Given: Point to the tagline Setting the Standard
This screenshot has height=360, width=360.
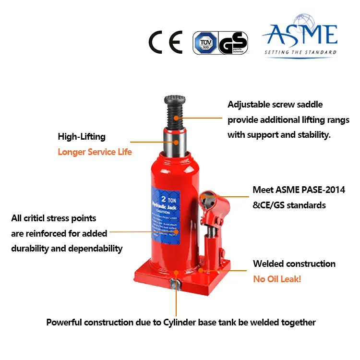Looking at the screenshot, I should (x=300, y=52).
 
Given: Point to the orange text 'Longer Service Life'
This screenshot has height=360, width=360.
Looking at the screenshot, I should (x=95, y=152).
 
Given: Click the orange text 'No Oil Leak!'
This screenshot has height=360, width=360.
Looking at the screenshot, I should (x=277, y=279).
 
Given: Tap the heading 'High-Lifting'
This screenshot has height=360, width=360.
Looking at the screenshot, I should (x=81, y=137).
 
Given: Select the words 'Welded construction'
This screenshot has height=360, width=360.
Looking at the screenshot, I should (x=294, y=264).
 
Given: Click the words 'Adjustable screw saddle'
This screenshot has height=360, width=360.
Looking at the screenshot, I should (x=275, y=105).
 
